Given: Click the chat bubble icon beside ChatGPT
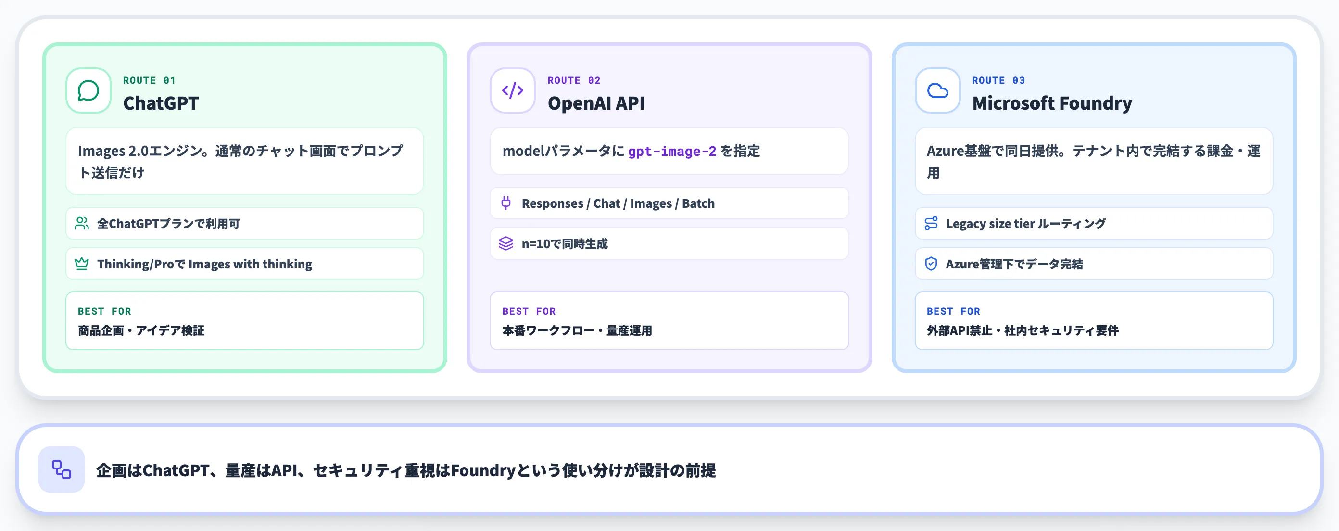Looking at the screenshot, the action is [88, 90].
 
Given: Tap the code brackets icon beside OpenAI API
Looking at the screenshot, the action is [513, 90].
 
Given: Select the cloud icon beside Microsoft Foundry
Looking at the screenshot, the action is [937, 90].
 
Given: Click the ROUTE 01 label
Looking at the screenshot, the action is [149, 80].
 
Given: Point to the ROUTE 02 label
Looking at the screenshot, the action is [574, 80].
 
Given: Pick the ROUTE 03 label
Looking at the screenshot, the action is [998, 80].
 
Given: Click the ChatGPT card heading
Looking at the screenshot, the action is [161, 103].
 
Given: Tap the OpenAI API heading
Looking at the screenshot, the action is [596, 103].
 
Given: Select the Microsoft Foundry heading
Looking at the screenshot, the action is [1052, 103].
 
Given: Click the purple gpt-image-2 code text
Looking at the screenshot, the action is [672, 151].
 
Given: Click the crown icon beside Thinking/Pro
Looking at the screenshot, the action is [82, 264].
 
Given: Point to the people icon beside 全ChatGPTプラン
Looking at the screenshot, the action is [82, 224].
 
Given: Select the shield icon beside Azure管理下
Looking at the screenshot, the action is [931, 264].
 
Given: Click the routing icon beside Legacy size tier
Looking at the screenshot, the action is [931, 224].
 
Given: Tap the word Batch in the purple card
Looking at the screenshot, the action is [698, 203].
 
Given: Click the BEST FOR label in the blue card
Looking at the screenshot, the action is [953, 311].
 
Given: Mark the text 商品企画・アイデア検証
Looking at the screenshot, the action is [141, 330].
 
